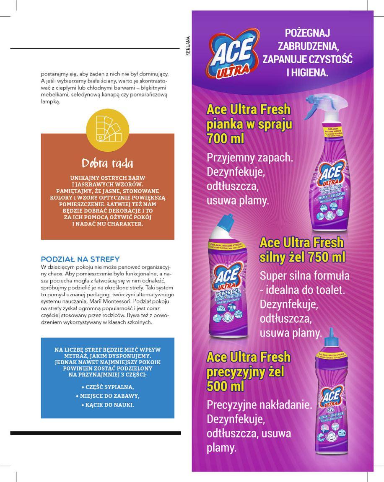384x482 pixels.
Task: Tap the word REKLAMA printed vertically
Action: click(x=188, y=46)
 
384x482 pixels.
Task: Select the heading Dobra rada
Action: click(x=107, y=163)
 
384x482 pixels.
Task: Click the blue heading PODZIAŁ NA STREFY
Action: click(x=80, y=259)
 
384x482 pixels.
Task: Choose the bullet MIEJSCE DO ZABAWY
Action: click(x=107, y=396)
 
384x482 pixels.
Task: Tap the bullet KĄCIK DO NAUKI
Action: click(x=107, y=405)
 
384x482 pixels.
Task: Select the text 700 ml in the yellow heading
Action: click(x=226, y=139)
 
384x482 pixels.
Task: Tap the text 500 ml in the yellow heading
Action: click(x=226, y=386)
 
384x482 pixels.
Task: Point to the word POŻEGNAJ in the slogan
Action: click(x=308, y=33)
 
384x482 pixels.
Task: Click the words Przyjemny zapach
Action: click(x=249, y=158)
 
